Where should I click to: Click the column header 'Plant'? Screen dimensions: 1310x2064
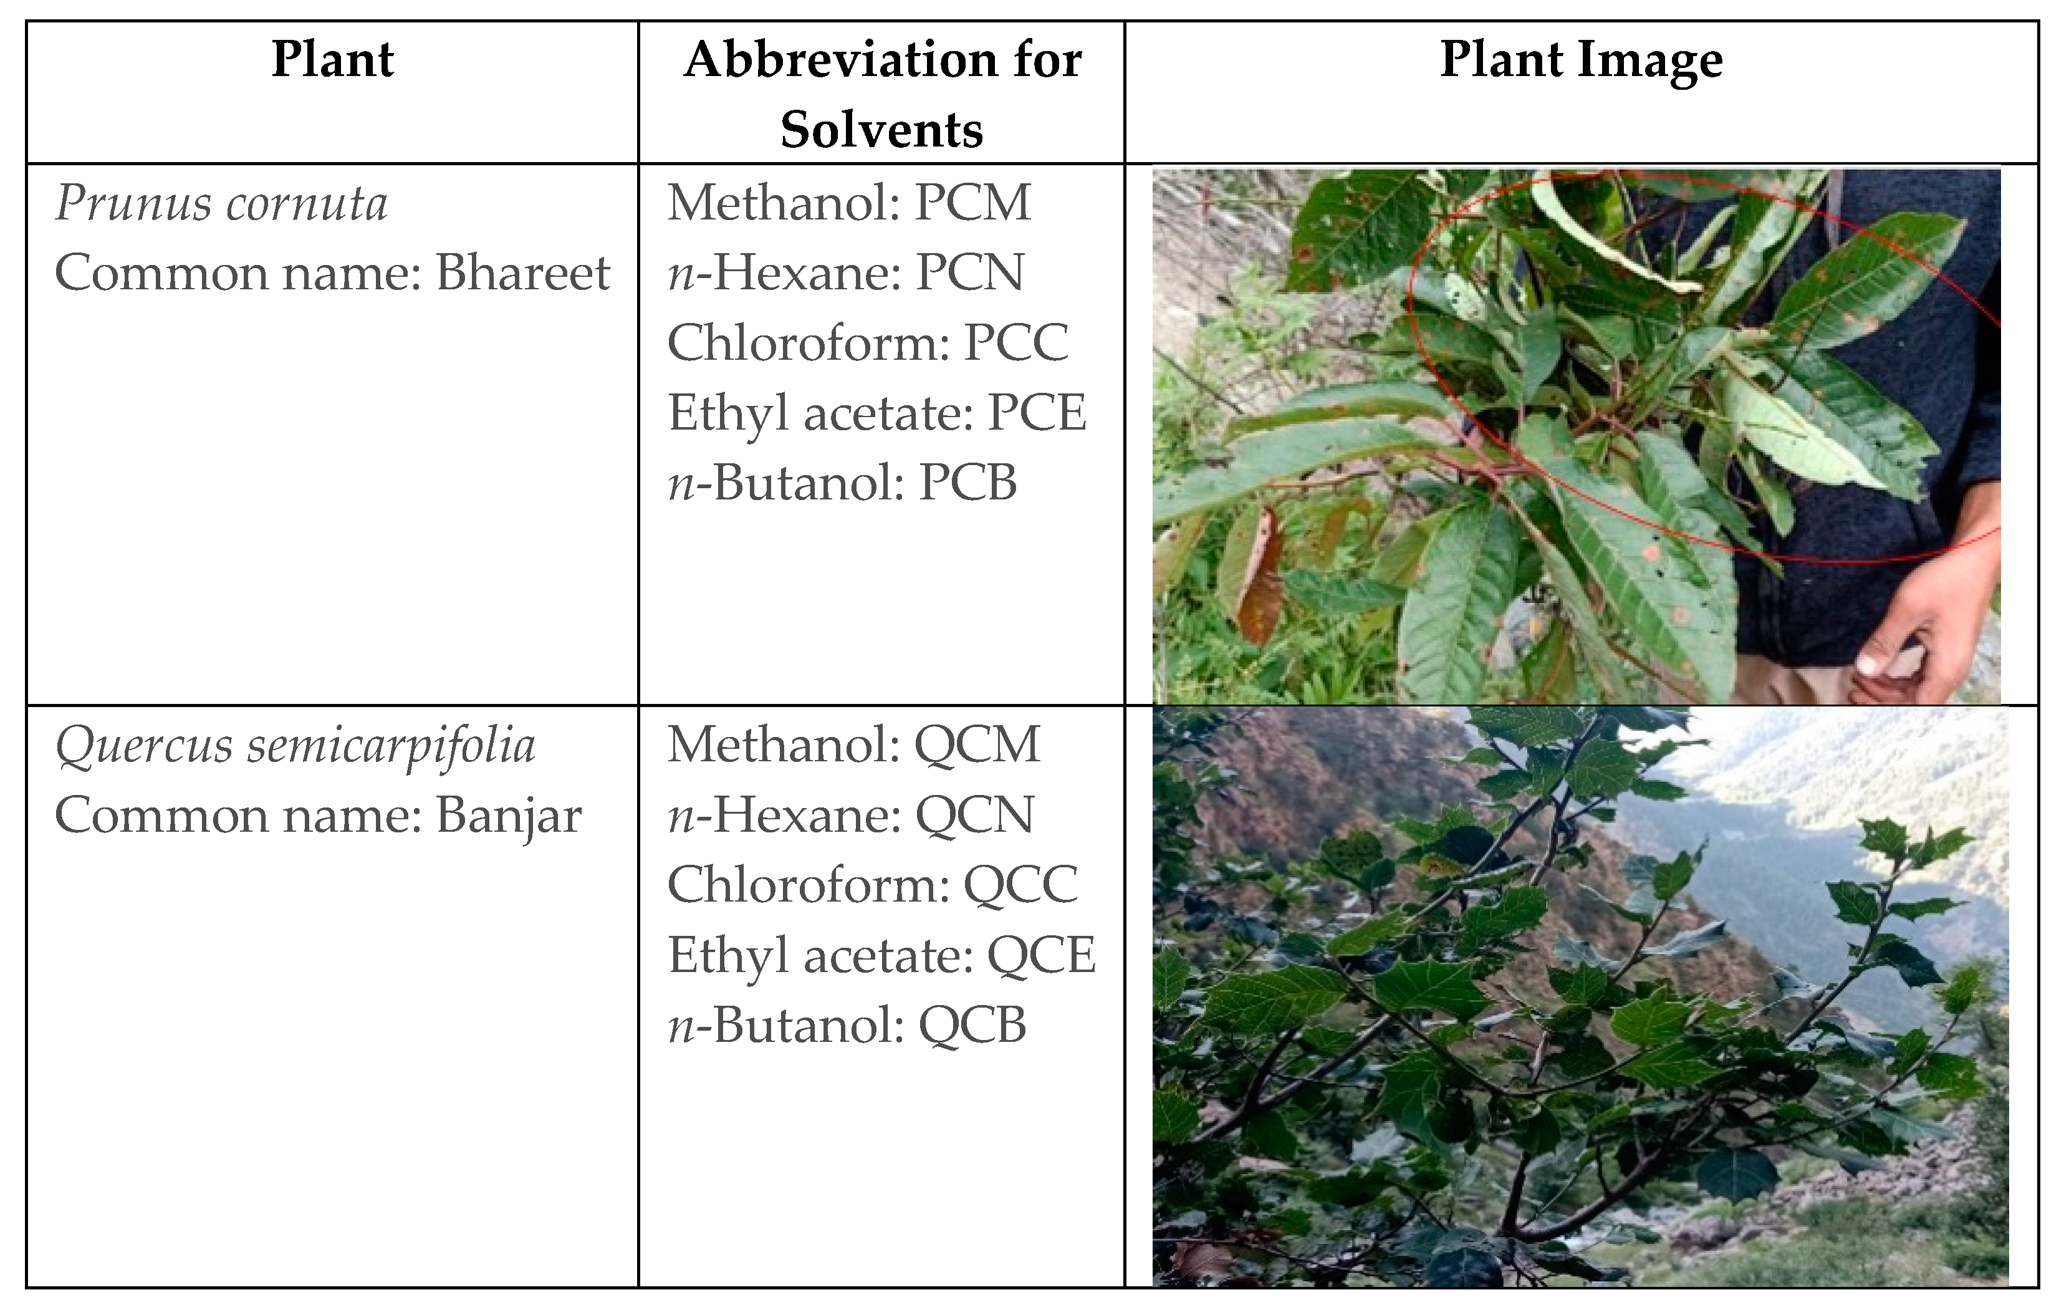(333, 60)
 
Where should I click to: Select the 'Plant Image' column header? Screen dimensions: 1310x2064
(1581, 60)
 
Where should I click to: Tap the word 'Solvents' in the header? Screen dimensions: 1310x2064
(881, 130)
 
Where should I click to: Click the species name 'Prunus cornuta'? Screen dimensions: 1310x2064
(221, 204)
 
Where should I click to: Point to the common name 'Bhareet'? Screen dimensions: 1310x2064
(523, 274)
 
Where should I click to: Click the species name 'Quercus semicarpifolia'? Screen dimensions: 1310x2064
(295, 745)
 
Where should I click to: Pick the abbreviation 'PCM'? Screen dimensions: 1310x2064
(973, 203)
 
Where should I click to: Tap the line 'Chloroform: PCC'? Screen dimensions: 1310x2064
(868, 343)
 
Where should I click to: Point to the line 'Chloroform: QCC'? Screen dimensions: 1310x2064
(871, 885)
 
